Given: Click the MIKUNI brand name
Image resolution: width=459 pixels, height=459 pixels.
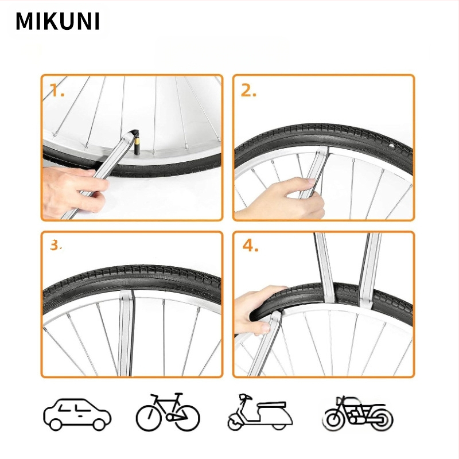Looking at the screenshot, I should [57, 21].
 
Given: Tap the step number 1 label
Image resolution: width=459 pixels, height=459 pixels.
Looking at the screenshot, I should [57, 90].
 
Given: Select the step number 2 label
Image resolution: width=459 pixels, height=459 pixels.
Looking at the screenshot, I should [248, 90].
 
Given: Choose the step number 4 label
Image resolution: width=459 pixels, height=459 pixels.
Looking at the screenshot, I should [250, 246].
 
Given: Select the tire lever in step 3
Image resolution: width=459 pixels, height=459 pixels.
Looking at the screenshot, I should [125, 333].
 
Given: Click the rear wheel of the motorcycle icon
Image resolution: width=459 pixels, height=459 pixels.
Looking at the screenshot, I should [334, 419].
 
